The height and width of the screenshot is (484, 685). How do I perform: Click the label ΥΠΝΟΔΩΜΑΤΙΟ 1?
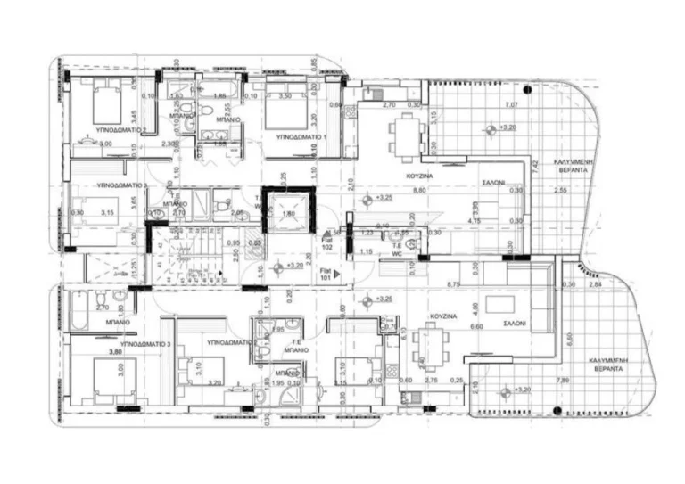(301, 137)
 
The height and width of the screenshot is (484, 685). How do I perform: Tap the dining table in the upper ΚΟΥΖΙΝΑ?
(399, 135)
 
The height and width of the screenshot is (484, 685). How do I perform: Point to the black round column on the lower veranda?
(557, 409)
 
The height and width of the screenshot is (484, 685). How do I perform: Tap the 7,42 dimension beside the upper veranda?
(533, 165)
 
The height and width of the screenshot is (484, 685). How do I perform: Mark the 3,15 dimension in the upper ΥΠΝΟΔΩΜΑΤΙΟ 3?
(108, 211)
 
